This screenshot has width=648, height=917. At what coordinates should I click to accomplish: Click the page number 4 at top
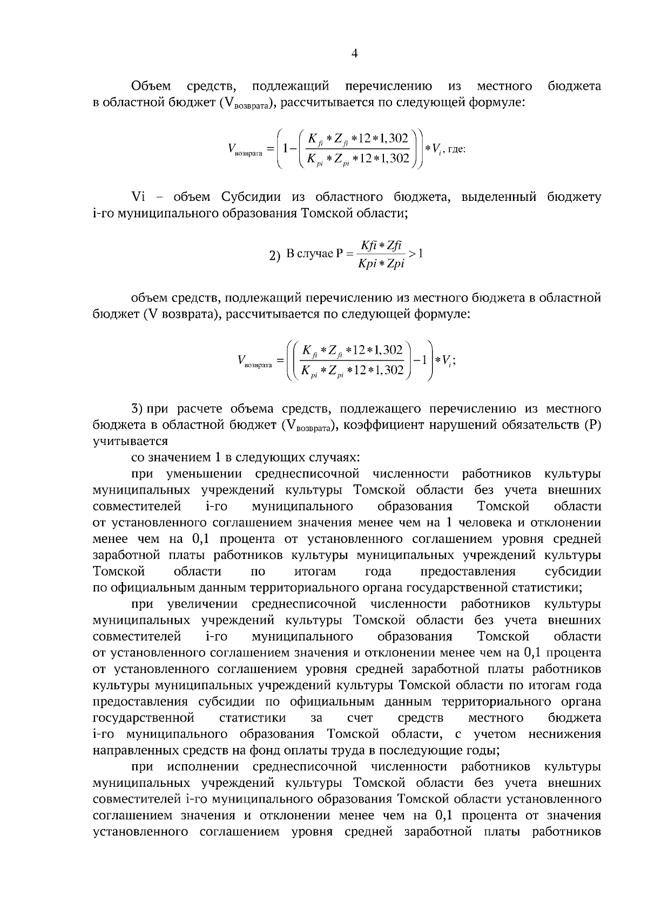(354, 53)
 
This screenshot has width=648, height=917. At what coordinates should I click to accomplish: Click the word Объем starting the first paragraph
(152, 86)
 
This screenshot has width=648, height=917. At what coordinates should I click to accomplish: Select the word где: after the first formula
(456, 149)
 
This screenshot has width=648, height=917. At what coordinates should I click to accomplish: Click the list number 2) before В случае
(275, 255)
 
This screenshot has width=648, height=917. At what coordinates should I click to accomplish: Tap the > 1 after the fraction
(415, 252)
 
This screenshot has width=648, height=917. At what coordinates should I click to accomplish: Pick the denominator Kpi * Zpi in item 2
(381, 265)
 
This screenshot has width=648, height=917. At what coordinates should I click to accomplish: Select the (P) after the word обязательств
(592, 425)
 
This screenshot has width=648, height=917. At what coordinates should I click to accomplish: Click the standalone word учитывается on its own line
(130, 441)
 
